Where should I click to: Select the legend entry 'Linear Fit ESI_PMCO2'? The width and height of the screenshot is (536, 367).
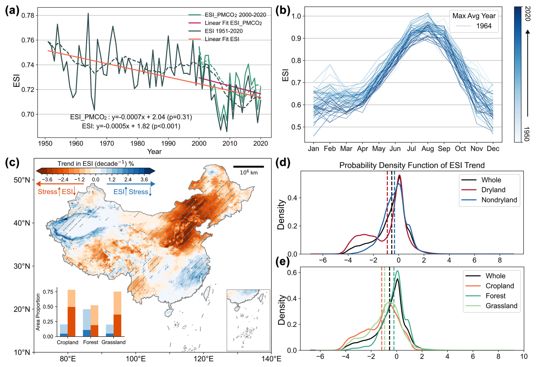233,23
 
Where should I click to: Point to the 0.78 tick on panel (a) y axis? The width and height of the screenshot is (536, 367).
28,15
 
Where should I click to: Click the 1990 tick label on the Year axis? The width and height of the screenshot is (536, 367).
168,144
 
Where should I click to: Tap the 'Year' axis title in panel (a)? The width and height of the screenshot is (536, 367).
154,151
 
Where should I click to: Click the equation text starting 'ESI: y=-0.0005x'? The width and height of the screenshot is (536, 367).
131,126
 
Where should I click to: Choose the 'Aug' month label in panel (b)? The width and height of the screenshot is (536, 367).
427,149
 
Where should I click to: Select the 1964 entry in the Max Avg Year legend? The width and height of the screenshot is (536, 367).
484,26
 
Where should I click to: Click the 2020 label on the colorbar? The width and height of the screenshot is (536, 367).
528,13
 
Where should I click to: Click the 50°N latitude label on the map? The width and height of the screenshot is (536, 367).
22,180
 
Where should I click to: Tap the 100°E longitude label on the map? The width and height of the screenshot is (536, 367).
136,359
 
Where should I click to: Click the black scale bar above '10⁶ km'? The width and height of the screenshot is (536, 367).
248,167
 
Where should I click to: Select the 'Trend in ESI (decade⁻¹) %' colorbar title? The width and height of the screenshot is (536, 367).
95,164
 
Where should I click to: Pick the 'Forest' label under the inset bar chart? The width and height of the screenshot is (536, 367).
91,342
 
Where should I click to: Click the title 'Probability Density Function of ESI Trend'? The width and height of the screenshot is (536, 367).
412,165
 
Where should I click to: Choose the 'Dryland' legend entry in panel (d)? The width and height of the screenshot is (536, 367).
493,190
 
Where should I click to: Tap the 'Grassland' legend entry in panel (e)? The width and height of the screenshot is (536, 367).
501,306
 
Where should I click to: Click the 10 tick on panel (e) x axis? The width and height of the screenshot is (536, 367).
524,357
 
